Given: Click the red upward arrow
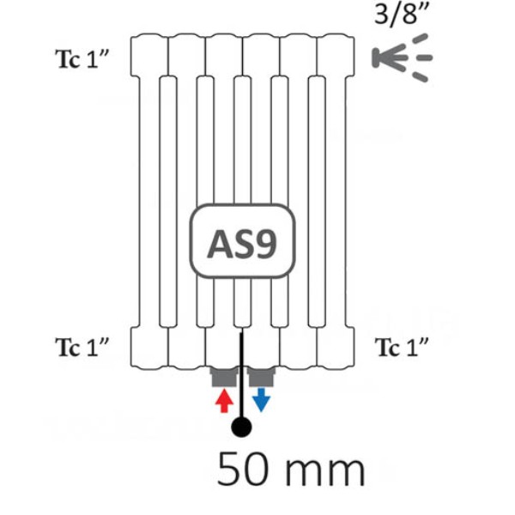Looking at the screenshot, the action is [224, 400].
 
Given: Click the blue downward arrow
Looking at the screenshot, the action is [261, 400].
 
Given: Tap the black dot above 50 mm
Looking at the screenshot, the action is [241, 427].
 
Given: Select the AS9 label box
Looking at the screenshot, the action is [242, 240].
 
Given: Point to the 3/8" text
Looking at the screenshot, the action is [402, 14].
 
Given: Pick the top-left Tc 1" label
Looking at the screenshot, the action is [82, 59].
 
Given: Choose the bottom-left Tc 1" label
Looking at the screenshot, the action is [82, 347].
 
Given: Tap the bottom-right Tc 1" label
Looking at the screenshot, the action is [402, 347].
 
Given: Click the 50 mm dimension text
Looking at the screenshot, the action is [291, 469].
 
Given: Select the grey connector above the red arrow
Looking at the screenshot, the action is [224, 377].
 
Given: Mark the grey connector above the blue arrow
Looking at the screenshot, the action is [261, 377].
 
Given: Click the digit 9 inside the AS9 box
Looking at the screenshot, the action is [265, 244].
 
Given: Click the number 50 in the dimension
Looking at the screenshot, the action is [243, 469].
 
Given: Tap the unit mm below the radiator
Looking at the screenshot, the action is [324, 473].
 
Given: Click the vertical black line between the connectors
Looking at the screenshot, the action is [241, 374].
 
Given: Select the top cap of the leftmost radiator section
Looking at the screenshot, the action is [149, 55].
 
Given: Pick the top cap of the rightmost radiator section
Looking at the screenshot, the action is [336, 55].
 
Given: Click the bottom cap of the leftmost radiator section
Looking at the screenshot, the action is [149, 348].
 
